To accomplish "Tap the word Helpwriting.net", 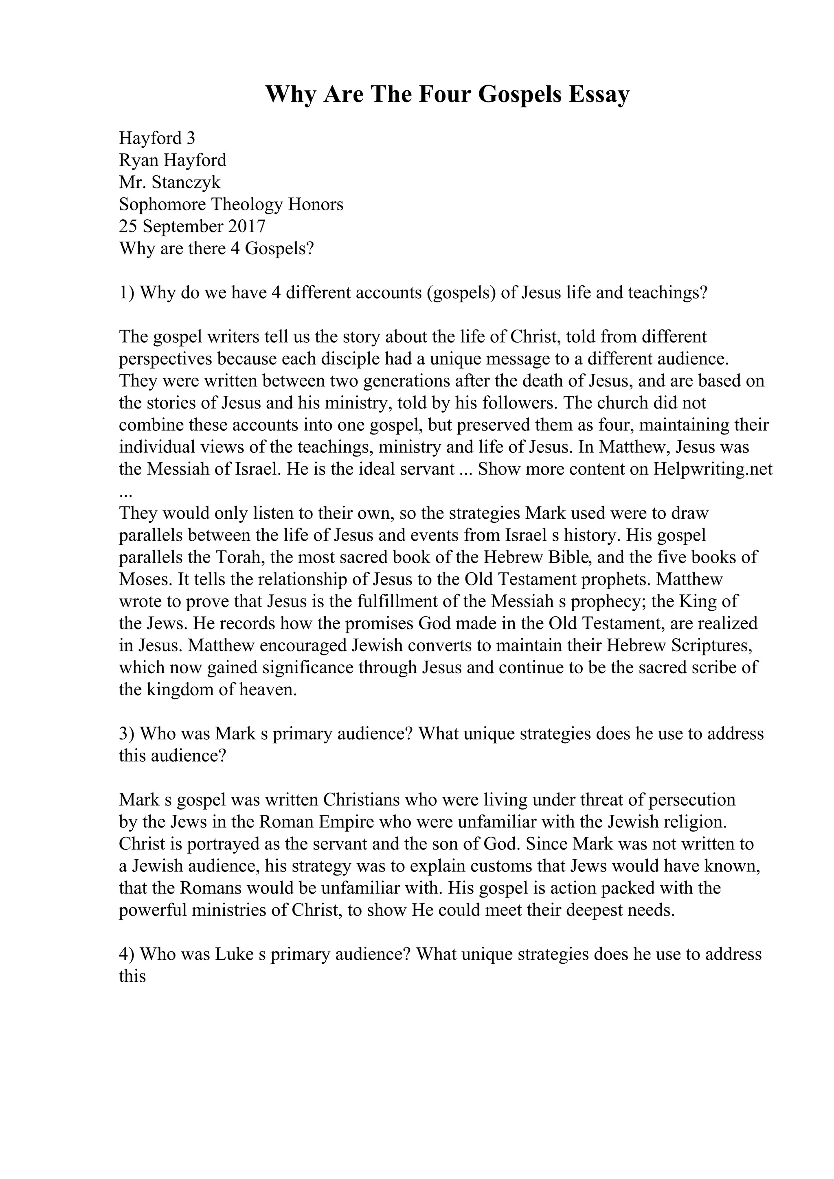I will [713, 469].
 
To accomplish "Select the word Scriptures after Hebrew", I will [722, 646].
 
